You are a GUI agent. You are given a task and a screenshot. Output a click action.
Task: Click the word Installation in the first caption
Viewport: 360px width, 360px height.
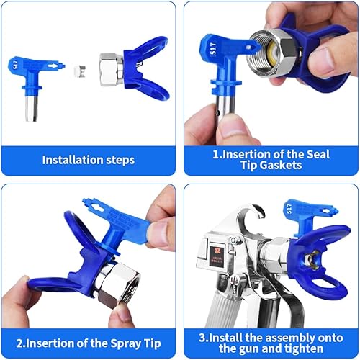pos(68,160)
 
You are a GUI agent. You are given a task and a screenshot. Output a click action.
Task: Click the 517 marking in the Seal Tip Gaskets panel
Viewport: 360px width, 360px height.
pos(213,50)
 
